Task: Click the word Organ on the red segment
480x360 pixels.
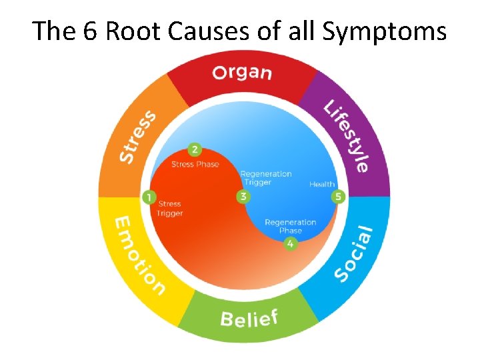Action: tap(241, 72)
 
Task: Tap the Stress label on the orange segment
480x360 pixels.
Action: tap(137, 137)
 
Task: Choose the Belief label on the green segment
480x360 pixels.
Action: tap(248, 317)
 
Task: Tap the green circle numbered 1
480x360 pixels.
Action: tap(149, 197)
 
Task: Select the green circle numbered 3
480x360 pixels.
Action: tap(243, 197)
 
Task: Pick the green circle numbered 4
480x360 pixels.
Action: tap(290, 244)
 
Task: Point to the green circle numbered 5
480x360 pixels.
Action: tap(339, 197)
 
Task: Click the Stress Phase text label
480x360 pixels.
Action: tap(195, 164)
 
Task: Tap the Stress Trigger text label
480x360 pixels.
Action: tap(169, 209)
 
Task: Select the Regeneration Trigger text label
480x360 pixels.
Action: tap(266, 178)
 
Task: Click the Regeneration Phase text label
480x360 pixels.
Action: tap(290, 227)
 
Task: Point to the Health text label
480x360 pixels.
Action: tap(322, 185)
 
